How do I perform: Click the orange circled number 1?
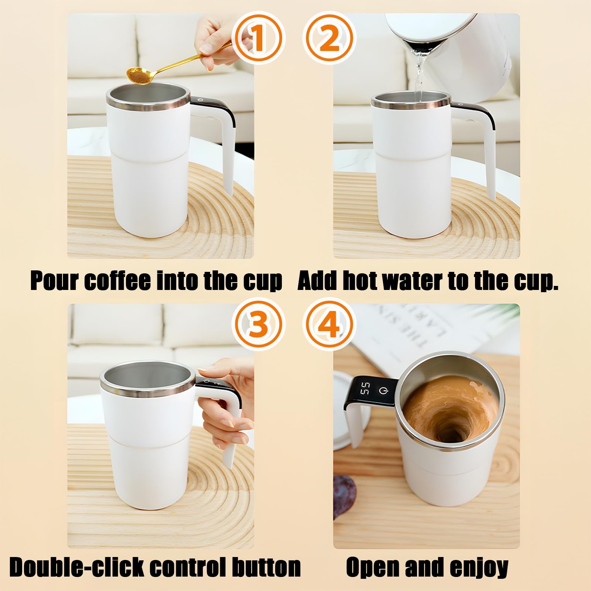[259, 37]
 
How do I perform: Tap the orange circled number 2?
[328, 37]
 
